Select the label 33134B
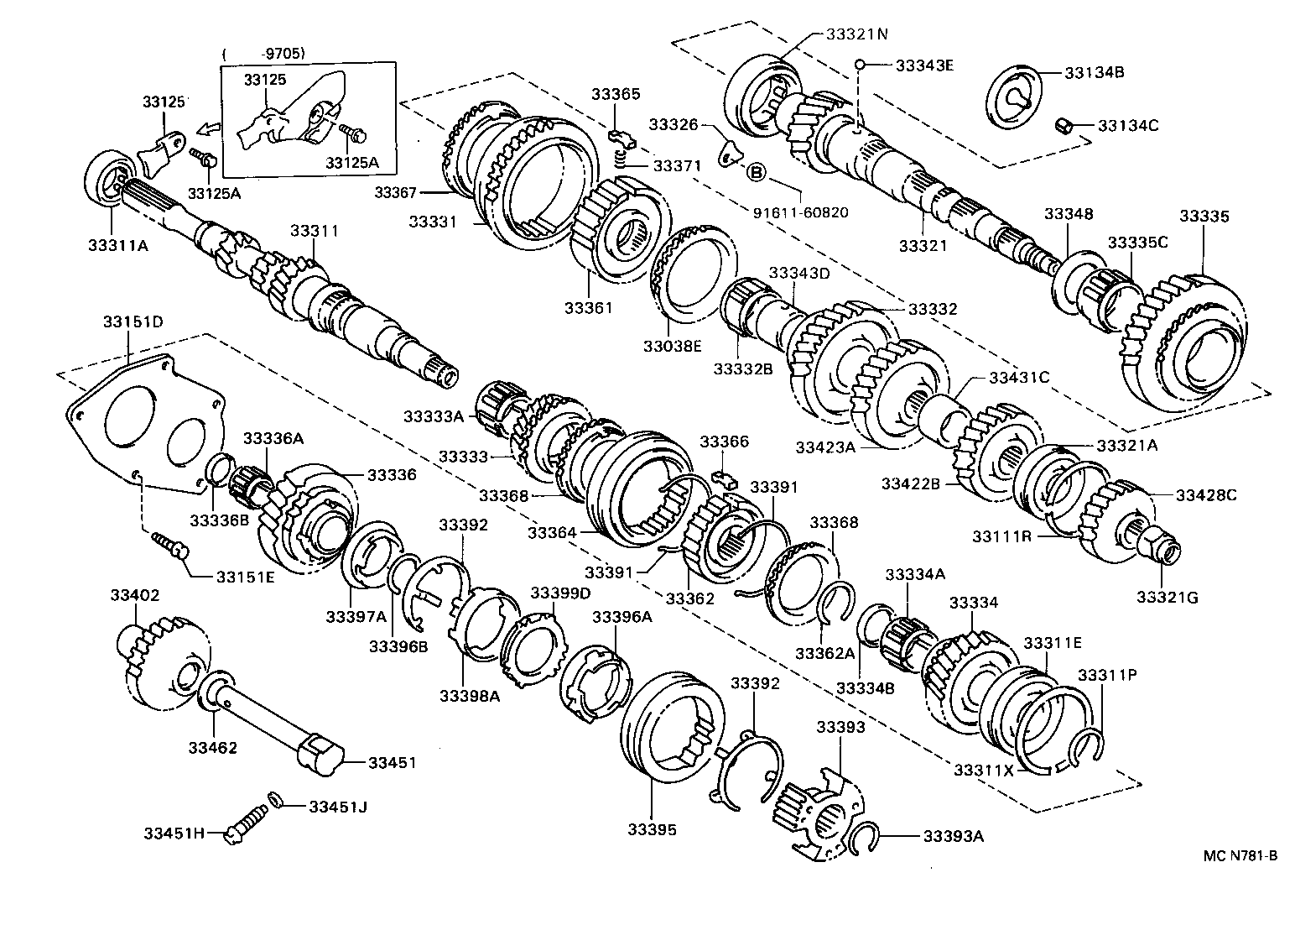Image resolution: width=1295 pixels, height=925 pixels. (1095, 72)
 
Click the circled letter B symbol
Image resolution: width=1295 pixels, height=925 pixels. (755, 173)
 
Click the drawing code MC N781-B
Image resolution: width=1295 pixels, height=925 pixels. (1240, 856)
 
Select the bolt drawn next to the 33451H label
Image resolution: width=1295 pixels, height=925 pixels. (245, 819)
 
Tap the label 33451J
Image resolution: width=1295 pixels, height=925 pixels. (338, 807)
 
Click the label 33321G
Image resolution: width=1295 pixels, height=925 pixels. (1168, 597)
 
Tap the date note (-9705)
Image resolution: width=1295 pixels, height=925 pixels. (263, 54)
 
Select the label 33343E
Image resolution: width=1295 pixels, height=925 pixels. (924, 65)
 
